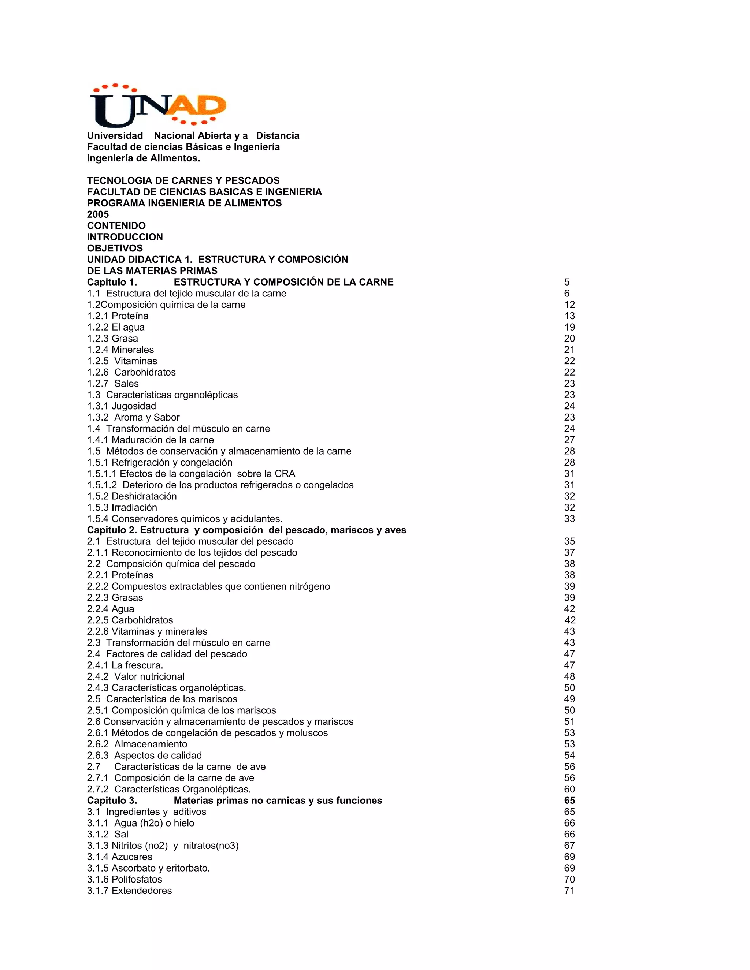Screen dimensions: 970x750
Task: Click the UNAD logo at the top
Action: [x=158, y=105]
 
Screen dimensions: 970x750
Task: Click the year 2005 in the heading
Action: [x=98, y=214]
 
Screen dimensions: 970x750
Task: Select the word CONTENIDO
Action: [x=116, y=225]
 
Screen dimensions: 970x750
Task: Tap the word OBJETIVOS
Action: [x=115, y=248]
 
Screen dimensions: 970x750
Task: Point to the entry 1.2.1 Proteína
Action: [x=118, y=316]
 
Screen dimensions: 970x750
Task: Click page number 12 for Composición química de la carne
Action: [x=569, y=305]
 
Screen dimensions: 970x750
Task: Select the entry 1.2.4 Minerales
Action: [x=120, y=350]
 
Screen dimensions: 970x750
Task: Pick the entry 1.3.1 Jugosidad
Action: [x=121, y=406]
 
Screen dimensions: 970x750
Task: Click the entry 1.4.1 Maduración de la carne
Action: [x=150, y=440]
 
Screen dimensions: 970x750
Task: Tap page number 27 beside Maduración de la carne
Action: [x=569, y=440]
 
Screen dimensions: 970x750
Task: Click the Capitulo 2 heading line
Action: [x=246, y=530]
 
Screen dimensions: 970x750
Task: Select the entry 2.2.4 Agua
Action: [x=110, y=609]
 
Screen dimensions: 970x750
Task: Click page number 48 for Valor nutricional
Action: [x=569, y=676]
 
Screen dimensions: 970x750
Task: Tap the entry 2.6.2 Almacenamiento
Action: [x=137, y=744]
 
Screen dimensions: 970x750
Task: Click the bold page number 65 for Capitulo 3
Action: [x=569, y=800]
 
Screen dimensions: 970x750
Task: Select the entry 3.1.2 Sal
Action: [x=108, y=834]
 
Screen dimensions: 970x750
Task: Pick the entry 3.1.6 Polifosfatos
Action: [x=125, y=879]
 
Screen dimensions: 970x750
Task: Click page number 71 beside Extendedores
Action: [x=569, y=891]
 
